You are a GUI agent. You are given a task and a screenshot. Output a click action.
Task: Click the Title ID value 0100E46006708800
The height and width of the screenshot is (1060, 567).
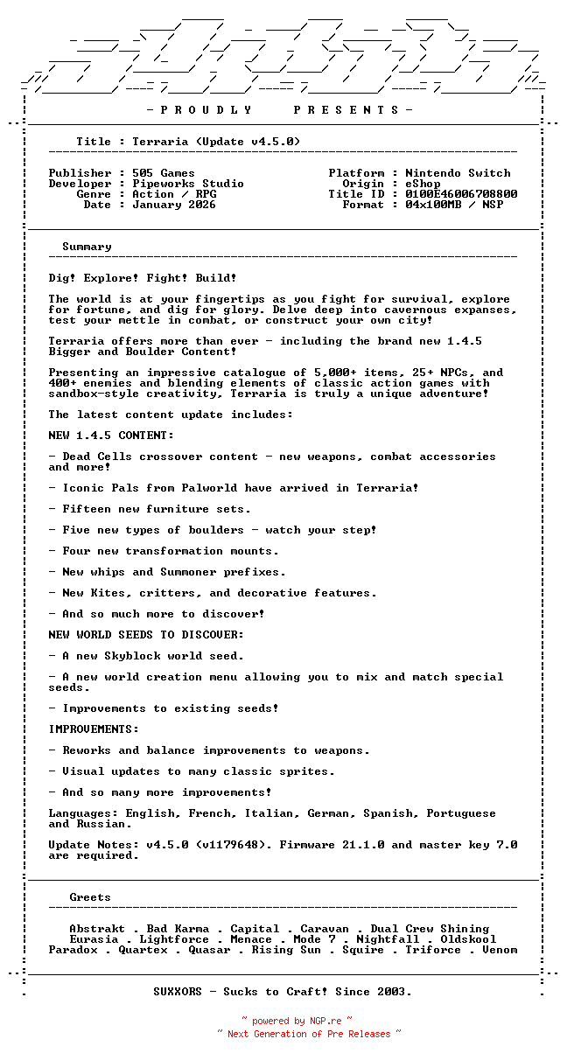[x=461, y=194]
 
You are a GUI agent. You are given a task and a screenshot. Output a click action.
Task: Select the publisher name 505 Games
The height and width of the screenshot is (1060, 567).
[x=164, y=173]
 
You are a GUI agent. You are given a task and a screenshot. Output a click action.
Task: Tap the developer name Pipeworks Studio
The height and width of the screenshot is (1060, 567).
[x=188, y=184]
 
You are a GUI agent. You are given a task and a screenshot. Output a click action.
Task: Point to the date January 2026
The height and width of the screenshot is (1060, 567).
[x=174, y=205]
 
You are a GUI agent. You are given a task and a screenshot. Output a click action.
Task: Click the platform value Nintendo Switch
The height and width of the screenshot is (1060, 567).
[x=458, y=173]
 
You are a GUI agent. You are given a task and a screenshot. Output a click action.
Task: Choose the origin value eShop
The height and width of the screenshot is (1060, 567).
[x=423, y=184]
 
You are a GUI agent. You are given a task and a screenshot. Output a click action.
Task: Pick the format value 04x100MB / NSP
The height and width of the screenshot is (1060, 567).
[x=454, y=205]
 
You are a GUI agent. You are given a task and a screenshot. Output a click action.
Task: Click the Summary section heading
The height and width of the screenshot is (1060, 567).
[x=87, y=247]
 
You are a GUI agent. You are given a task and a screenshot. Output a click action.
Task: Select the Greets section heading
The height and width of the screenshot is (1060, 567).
[x=90, y=897]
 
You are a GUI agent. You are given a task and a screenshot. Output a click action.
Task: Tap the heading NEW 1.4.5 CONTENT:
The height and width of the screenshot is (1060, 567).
[x=111, y=436]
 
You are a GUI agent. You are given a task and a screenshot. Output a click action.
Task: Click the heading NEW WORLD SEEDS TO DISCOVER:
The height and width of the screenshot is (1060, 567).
[x=146, y=635]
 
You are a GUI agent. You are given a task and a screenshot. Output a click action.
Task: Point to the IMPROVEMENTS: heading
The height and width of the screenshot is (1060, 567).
[x=94, y=729]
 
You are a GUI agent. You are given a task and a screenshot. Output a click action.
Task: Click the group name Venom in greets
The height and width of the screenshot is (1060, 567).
[x=500, y=950]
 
